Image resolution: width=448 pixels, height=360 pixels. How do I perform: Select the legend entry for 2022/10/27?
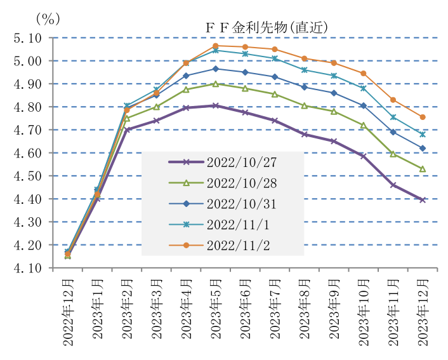232,162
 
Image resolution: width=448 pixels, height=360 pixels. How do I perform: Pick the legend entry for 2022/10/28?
232,183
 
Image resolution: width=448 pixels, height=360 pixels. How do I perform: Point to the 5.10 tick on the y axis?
27,38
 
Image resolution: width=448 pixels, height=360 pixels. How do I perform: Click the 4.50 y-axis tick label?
27,176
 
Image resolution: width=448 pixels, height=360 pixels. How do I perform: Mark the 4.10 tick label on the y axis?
27,268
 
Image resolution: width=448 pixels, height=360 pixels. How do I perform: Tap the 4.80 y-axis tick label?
27,107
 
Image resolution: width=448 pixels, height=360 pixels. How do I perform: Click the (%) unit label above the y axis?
48,18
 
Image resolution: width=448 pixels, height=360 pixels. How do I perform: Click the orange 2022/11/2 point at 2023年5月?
216,46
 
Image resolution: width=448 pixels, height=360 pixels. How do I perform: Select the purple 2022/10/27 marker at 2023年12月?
422,200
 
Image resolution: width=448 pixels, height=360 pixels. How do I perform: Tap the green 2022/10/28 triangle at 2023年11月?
393,154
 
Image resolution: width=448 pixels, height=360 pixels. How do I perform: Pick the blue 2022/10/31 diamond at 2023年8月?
305,87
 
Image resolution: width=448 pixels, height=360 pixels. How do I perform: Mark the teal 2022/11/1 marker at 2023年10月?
363,88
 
